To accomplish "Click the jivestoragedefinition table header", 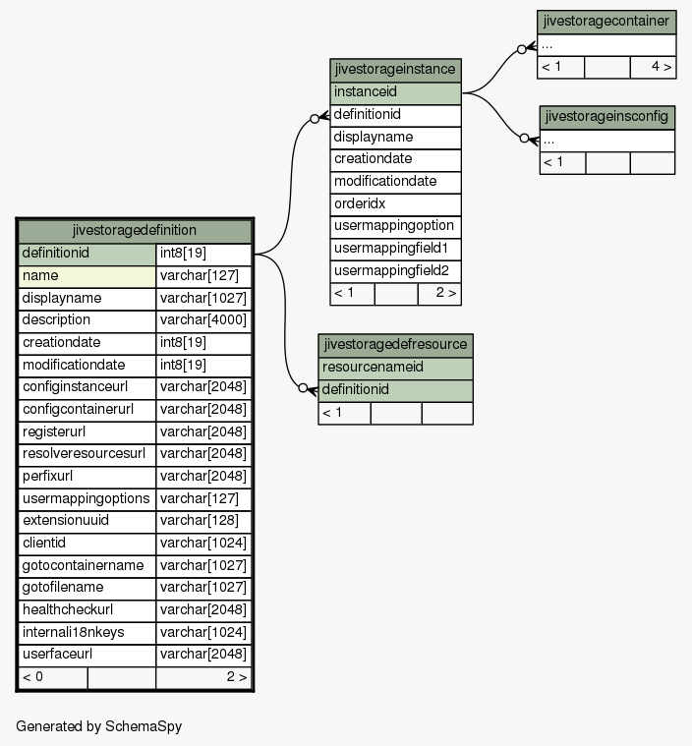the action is pos(135,231).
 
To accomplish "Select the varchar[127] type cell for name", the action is pos(203,276).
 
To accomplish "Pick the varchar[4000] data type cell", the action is pos(203,320).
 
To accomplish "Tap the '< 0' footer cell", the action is pos(53,677).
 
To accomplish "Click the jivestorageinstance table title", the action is pos(395,70).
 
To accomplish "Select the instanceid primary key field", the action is pos(395,92).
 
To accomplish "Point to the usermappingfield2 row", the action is pos(395,271).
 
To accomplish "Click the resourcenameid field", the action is pos(395,368).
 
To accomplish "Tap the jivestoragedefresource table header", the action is pos(395,345).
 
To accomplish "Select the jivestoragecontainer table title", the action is pos(606,22).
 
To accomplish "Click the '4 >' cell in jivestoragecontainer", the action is pos(654,67).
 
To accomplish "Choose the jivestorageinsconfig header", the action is pos(607,117).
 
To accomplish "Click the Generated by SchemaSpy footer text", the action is pos(99,726).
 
